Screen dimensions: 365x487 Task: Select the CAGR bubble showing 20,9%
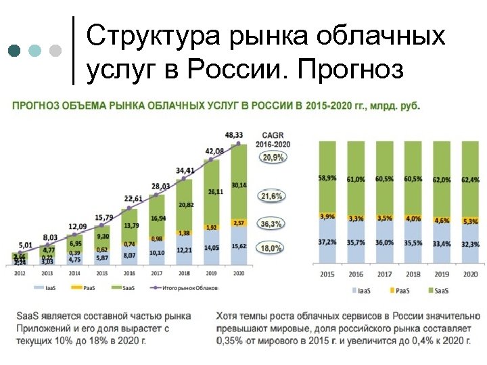pyautogui.click(x=273, y=157)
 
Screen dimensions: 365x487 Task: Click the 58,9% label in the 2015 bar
pyautogui.click(x=327, y=178)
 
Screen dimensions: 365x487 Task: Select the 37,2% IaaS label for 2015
pyautogui.click(x=327, y=242)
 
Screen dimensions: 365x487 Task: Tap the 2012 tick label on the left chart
pyautogui.click(x=20, y=273)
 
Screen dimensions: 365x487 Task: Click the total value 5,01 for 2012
pyautogui.click(x=26, y=245)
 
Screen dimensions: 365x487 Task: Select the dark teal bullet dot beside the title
pyautogui.click(x=15, y=51)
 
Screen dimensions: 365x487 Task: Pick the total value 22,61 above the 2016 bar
pyautogui.click(x=133, y=198)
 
